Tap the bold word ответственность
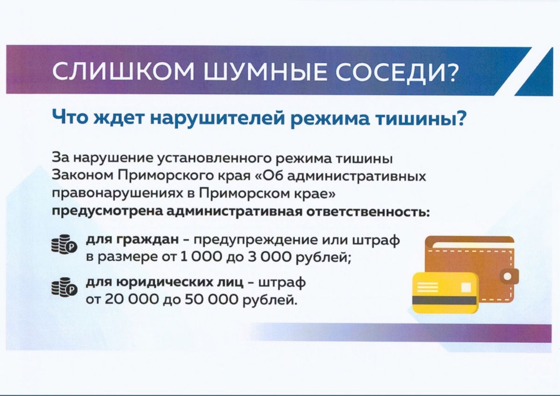tap(368, 212)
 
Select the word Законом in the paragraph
tap(82, 176)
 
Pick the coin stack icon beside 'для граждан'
tap(64, 243)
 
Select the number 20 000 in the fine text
tap(132, 300)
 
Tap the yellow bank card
tap(445, 293)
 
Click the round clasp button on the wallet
tap(508, 276)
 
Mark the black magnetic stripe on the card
tap(444, 300)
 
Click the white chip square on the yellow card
tap(466, 286)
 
